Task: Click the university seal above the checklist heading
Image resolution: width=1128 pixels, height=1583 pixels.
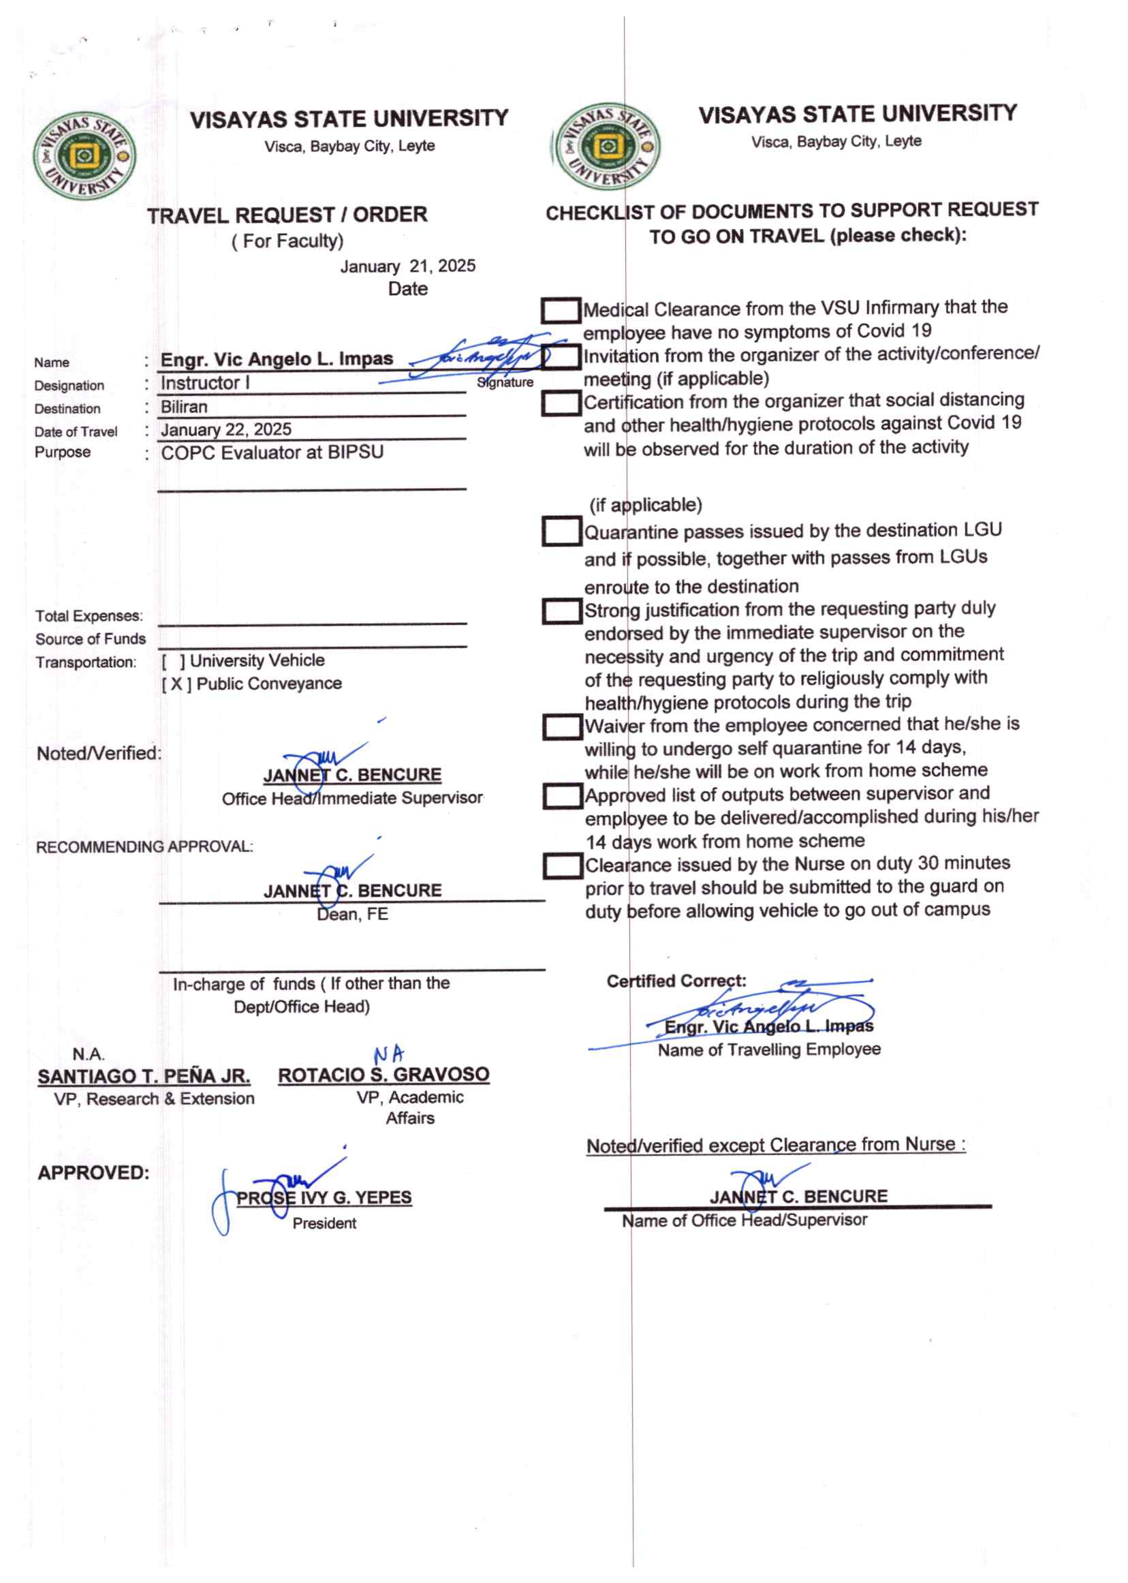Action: pyautogui.click(x=606, y=147)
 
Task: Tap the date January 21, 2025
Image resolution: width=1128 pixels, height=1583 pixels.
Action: pyautogui.click(x=408, y=266)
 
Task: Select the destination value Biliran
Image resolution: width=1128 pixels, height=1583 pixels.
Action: pyautogui.click(x=184, y=407)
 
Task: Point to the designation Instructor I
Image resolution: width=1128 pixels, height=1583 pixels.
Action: pyautogui.click(x=205, y=383)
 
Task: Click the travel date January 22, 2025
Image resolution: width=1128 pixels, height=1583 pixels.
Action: pyautogui.click(x=225, y=429)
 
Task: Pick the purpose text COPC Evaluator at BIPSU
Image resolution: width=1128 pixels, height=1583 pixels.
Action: pyautogui.click(x=272, y=452)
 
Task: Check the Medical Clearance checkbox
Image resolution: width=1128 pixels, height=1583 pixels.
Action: pyautogui.click(x=561, y=311)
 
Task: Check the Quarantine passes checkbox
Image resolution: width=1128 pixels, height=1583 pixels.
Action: pyautogui.click(x=561, y=532)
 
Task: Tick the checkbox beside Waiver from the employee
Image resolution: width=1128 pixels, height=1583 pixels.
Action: pyautogui.click(x=562, y=727)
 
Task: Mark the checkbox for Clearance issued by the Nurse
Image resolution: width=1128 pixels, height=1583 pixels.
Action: pyautogui.click(x=562, y=866)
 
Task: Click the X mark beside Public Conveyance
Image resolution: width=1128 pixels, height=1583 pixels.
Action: pyautogui.click(x=176, y=684)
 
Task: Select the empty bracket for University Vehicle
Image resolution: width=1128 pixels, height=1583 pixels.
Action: pyautogui.click(x=173, y=661)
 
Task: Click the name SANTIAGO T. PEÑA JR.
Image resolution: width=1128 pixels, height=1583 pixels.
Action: pyautogui.click(x=144, y=1077)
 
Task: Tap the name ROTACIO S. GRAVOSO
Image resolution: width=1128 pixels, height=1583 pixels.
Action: pyautogui.click(x=383, y=1075)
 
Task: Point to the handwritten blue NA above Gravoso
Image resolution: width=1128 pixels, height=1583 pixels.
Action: pyautogui.click(x=388, y=1055)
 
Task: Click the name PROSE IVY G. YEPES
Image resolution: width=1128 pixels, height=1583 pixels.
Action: pyautogui.click(x=324, y=1198)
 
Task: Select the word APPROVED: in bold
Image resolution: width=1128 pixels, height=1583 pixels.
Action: pyautogui.click(x=93, y=1173)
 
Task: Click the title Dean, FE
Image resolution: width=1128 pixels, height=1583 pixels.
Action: pyautogui.click(x=352, y=915)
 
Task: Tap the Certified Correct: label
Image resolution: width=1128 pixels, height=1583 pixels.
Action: pyautogui.click(x=676, y=981)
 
